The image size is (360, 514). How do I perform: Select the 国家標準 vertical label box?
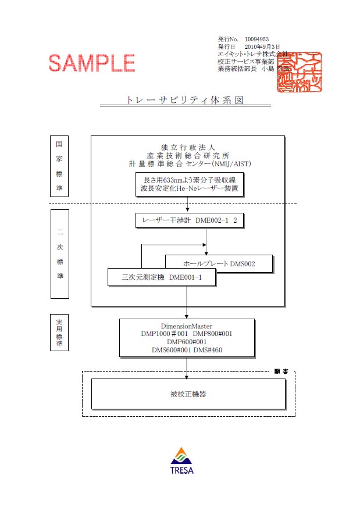[59, 166]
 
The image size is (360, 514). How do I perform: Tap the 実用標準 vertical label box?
[59, 333]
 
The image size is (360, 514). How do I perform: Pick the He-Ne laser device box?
[187, 184]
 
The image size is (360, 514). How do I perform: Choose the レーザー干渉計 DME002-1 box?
[187, 220]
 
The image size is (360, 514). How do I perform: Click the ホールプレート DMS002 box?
[219, 264]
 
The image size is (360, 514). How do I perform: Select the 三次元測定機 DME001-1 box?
[162, 277]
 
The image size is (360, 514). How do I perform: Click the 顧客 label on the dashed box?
[281, 371]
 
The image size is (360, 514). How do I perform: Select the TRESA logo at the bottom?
[182, 460]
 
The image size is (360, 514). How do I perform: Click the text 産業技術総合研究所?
[187, 155]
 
